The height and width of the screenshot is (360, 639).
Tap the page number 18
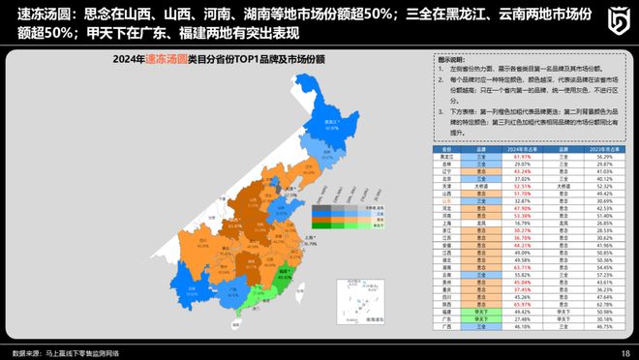coord(624,352)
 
